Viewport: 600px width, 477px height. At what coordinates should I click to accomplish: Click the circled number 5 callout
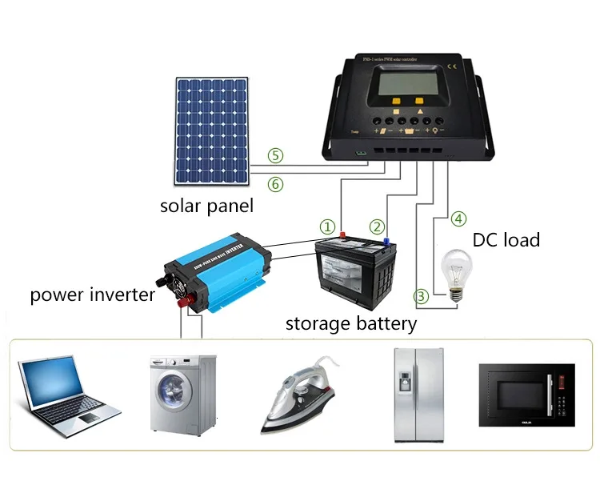click(x=275, y=154)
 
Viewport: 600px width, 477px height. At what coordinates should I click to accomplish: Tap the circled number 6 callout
click(x=275, y=184)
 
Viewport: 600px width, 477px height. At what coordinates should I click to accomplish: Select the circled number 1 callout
click(x=327, y=226)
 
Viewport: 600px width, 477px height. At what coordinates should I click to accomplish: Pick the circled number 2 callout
click(x=377, y=226)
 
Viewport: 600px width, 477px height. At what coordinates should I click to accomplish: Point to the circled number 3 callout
click(x=422, y=297)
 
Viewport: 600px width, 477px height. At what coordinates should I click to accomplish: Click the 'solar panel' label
click(x=206, y=206)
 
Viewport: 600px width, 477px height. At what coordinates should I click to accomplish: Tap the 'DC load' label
click(x=506, y=239)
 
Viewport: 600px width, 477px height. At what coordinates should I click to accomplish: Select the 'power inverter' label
click(x=93, y=295)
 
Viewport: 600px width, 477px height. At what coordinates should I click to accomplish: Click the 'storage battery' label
click(x=351, y=323)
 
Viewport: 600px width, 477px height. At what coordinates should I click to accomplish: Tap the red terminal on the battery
click(x=342, y=236)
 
